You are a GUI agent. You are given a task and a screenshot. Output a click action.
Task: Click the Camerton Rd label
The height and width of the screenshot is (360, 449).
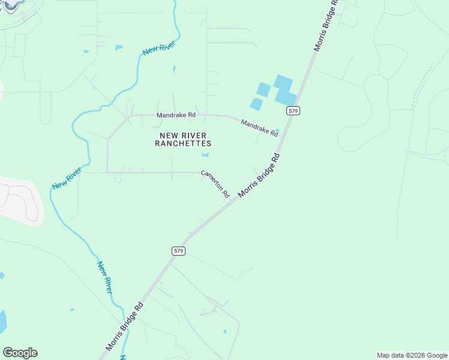(215, 184)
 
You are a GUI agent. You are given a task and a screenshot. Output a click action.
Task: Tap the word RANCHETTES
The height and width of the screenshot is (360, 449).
(183, 144)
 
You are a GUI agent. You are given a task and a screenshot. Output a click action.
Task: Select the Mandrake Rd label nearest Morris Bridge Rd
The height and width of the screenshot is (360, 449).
(259, 128)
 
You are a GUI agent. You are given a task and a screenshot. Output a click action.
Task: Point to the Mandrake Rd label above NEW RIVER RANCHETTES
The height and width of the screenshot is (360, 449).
(176, 115)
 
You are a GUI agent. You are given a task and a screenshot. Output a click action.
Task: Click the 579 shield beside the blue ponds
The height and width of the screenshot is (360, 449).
(292, 111)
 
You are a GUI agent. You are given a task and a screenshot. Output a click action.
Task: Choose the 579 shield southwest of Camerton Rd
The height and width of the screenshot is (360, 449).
(178, 251)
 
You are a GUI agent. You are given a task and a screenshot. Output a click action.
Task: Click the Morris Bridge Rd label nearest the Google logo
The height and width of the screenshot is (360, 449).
(125, 326)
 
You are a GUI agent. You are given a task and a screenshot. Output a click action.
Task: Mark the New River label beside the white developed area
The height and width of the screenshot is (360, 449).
(66, 178)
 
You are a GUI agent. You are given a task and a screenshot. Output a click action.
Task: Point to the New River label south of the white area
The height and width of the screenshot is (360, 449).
(104, 277)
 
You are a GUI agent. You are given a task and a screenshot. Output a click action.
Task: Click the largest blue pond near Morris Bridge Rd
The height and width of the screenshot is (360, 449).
(285, 89)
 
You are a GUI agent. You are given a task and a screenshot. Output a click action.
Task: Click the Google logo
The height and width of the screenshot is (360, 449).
(20, 353)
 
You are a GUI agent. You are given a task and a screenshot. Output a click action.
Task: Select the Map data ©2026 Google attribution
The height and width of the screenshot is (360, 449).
(412, 355)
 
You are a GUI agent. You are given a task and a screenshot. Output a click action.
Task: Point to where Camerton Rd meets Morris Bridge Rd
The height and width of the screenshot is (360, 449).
(234, 202)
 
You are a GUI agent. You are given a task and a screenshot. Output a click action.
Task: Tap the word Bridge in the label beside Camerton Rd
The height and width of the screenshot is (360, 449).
(260, 176)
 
